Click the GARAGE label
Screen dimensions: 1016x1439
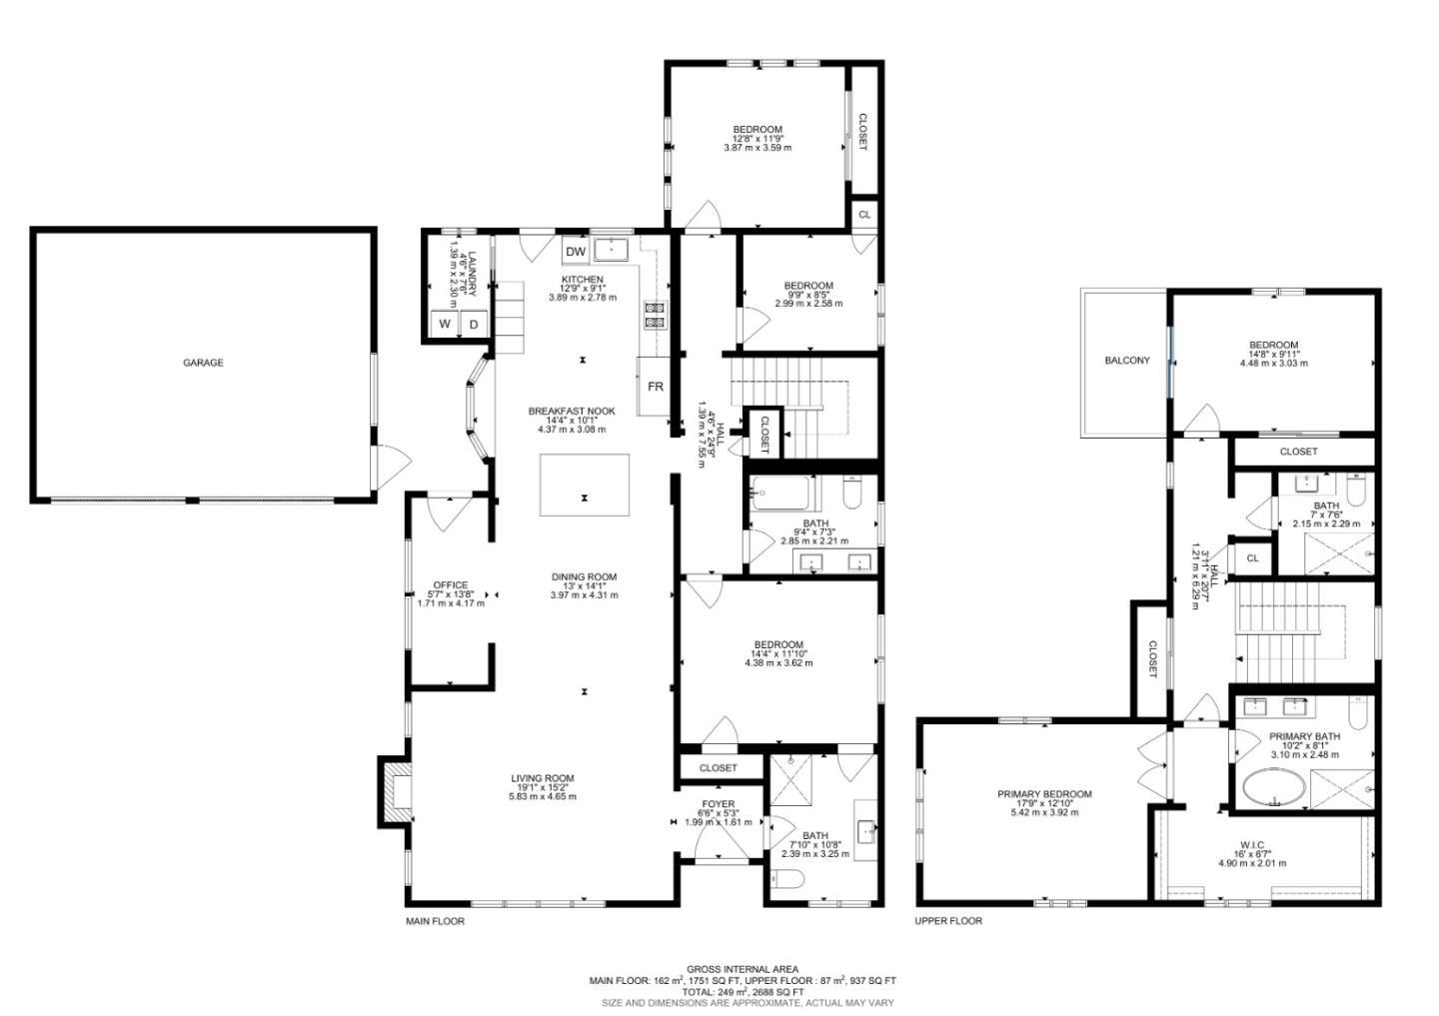pos(202,363)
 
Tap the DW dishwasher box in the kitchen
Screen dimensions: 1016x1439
pos(575,251)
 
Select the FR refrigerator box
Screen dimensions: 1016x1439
pos(655,386)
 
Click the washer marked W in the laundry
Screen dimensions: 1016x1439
pos(444,325)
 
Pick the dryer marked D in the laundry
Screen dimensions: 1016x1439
pos(474,325)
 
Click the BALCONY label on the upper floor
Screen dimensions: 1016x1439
pos(1126,361)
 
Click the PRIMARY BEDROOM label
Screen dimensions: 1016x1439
pos(1044,794)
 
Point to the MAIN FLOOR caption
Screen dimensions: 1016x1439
pos(435,921)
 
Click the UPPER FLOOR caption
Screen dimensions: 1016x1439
pos(948,921)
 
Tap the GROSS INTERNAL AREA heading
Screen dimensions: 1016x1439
pos(741,969)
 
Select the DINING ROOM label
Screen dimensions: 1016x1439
pos(584,576)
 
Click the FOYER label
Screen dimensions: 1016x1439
pos(718,804)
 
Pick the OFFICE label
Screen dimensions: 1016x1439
pos(450,585)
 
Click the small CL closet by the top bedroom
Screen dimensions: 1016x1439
pos(864,215)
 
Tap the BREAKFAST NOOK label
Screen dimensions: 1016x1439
pos(572,411)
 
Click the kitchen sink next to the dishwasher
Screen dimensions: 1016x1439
pos(610,249)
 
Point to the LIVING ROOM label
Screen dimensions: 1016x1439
pos(542,778)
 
